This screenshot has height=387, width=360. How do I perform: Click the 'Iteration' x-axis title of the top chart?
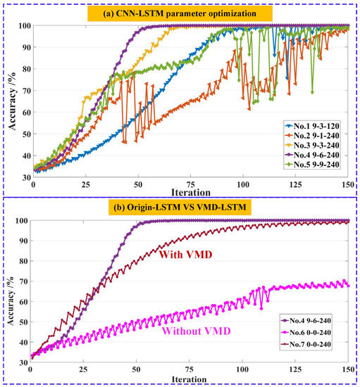click(190, 191)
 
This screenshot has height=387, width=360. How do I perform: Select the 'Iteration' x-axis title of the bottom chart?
click(190, 381)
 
